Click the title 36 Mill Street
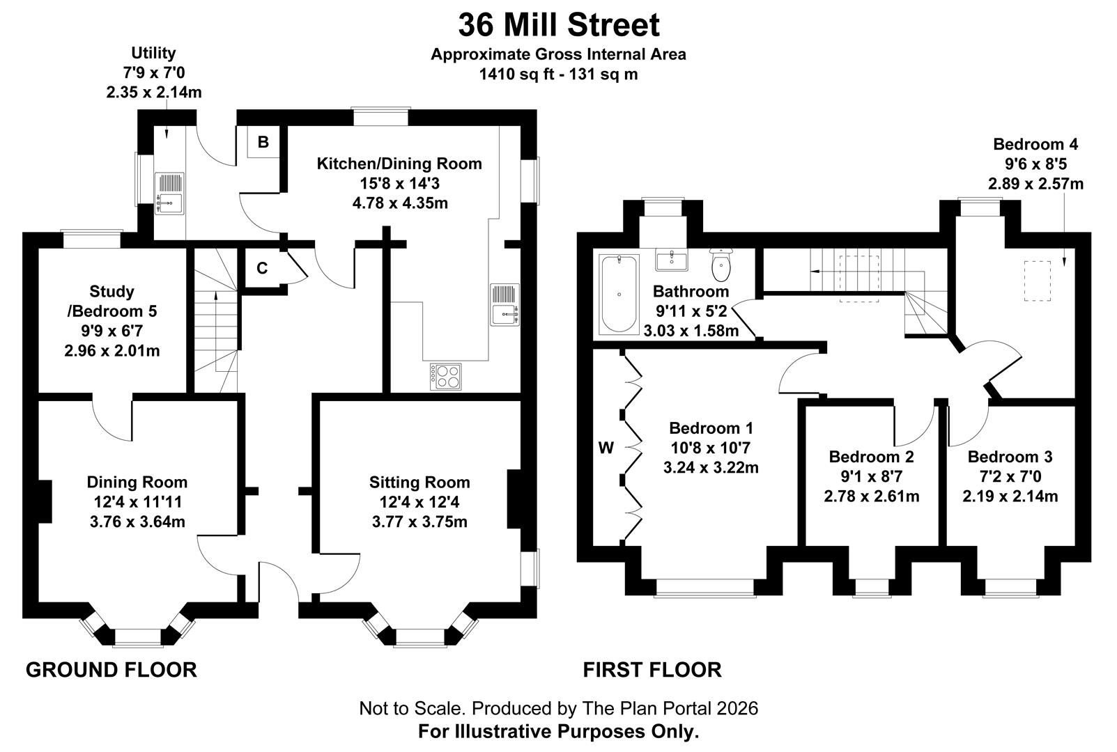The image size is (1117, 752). tap(558, 26)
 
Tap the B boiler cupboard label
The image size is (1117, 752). tap(263, 143)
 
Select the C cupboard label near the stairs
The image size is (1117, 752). tap(262, 269)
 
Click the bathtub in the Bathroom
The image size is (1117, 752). tap(619, 294)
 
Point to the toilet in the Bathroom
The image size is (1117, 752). tap(721, 264)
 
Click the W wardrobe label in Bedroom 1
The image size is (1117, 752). tap(606, 448)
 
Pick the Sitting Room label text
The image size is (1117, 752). tap(419, 482)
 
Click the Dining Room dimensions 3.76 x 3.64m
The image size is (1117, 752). tap(137, 522)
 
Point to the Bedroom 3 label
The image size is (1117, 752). tap(1010, 457)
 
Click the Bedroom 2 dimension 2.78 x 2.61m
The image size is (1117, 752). tap(871, 496)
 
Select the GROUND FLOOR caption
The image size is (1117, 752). tap(111, 670)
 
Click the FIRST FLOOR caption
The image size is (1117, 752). tap(652, 670)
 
